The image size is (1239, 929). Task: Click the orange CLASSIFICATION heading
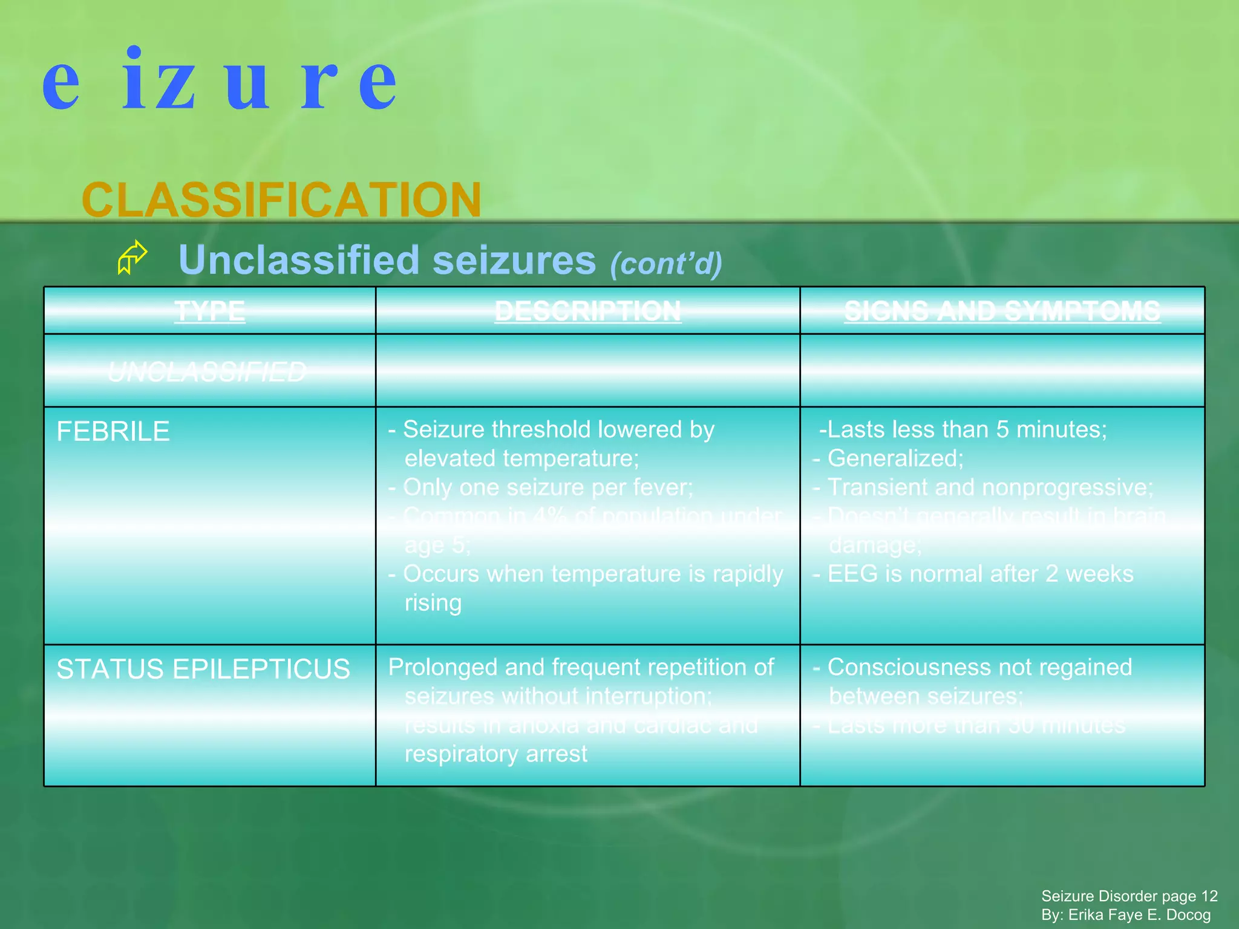[x=281, y=200]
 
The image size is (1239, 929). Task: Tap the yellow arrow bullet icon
[x=132, y=258]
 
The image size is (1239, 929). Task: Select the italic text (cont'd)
[x=666, y=264]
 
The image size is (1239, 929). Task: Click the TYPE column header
[x=209, y=311]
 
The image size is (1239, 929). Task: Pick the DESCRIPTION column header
[x=587, y=311]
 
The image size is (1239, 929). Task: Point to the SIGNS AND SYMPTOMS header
[x=1002, y=311]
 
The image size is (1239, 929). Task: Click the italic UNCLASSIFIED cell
[x=207, y=371]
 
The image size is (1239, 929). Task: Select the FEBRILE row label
[x=113, y=431]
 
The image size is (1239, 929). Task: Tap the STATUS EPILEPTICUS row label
[x=203, y=669]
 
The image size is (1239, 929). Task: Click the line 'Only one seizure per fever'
[x=548, y=487]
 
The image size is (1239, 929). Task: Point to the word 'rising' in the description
[x=433, y=603]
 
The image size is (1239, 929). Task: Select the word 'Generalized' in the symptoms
[x=895, y=458]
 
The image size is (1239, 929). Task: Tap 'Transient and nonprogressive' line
[x=990, y=487]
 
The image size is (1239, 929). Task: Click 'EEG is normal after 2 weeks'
[x=980, y=574]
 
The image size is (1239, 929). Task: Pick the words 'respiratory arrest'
[x=495, y=754]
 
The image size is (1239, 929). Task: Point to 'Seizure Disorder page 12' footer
[x=1129, y=896]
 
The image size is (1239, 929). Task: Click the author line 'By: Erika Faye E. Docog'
[x=1126, y=914]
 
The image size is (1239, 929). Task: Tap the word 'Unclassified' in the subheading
[x=299, y=260]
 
